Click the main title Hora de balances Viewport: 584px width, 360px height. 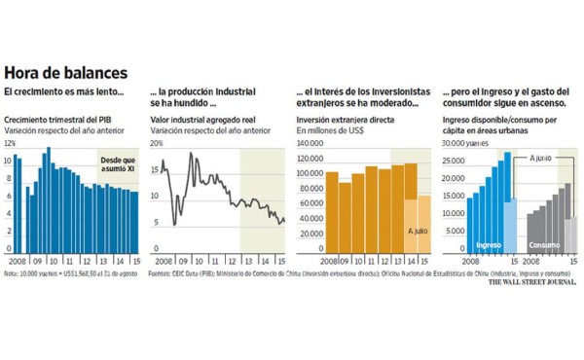point(66,74)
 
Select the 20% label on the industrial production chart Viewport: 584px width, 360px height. point(157,143)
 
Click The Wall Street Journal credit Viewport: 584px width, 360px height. point(530,283)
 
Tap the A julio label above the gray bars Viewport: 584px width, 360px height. point(542,157)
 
